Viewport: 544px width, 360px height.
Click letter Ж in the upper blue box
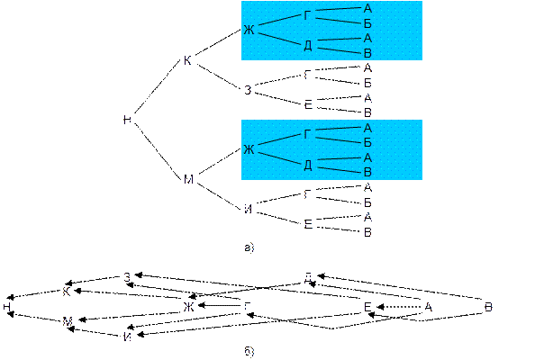coord(249,31)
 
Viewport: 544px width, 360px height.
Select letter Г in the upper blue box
coord(307,15)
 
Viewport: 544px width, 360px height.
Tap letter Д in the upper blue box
coord(307,46)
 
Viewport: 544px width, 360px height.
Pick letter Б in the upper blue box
coord(367,23)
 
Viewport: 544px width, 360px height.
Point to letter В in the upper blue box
coord(367,53)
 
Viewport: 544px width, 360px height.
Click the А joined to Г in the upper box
coord(367,9)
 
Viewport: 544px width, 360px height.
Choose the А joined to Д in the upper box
coord(367,39)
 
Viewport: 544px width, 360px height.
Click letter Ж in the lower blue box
coord(249,149)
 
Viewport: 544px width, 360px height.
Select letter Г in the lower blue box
coord(307,135)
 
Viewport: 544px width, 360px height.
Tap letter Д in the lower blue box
coord(307,165)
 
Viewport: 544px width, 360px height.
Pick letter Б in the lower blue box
coord(367,142)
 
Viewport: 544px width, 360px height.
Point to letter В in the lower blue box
coord(367,172)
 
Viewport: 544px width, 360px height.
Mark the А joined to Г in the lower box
coord(367,129)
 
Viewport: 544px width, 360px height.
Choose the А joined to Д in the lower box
coord(367,157)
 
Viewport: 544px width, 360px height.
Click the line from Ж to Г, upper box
coord(278,22)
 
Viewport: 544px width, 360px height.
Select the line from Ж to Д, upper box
coord(278,39)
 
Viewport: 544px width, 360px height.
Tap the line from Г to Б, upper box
coord(338,20)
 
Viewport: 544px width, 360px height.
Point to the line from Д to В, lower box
coord(338,168)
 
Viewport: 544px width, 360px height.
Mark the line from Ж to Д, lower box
coord(278,157)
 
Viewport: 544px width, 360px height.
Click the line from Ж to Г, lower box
coord(278,141)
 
